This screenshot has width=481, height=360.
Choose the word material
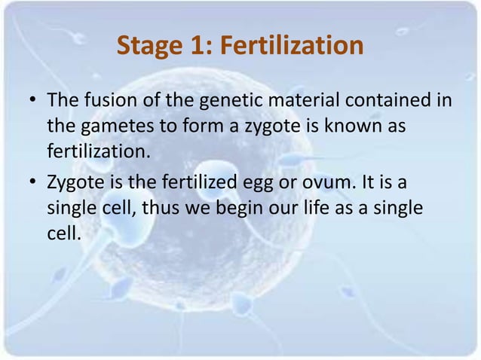point(263,100)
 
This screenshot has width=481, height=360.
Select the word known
point(348,126)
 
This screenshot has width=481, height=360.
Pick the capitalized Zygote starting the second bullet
point(74,182)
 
